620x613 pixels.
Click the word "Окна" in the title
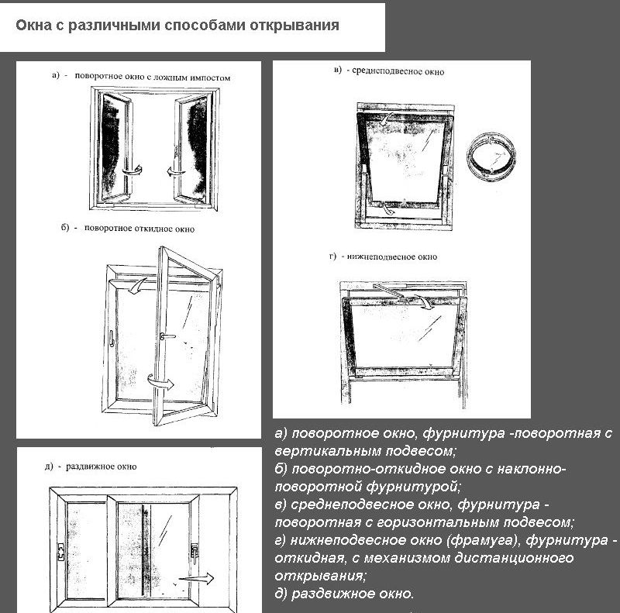(33, 26)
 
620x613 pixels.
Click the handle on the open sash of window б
(165, 336)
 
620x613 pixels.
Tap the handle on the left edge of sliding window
(57, 551)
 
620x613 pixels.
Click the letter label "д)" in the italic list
(282, 594)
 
